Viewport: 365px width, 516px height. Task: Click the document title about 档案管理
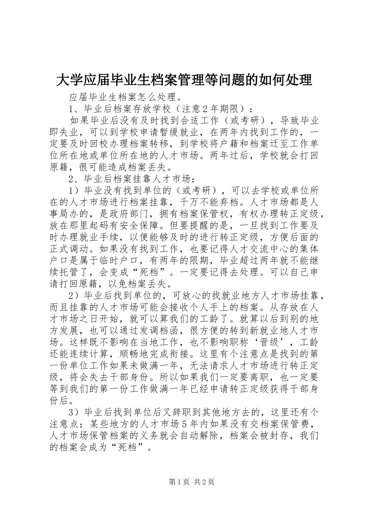pyautogui.click(x=184, y=80)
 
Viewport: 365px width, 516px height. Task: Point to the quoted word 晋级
pyautogui.click(x=273, y=342)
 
